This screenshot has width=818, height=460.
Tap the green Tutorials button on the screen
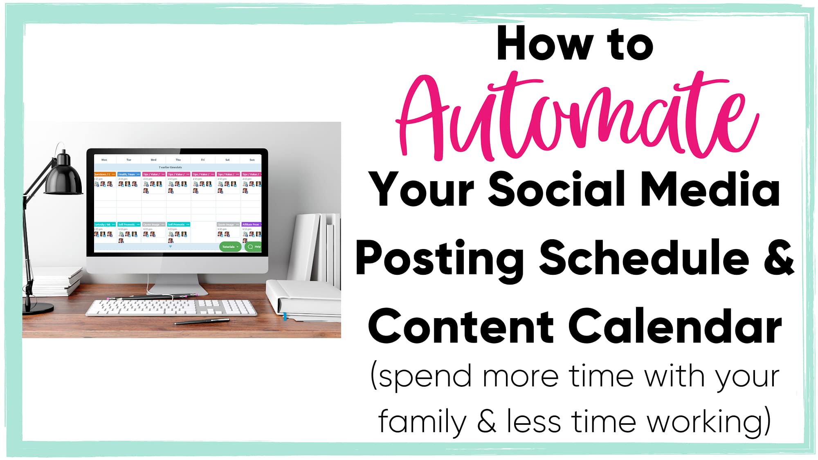[x=230, y=247]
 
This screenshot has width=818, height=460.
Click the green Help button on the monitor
[x=254, y=247]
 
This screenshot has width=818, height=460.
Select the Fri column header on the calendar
[x=202, y=160]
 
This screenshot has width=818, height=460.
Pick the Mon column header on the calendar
[x=104, y=160]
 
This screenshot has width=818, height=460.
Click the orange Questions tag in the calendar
[x=105, y=174]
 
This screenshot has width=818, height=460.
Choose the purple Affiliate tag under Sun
[x=251, y=224]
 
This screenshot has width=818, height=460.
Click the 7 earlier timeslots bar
[x=171, y=167]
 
